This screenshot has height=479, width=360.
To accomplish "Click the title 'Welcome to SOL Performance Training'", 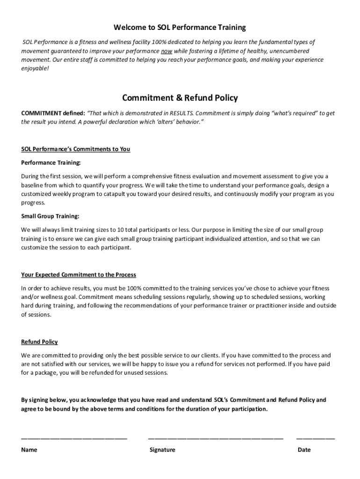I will coord(180,28).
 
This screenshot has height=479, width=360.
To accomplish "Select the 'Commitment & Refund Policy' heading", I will coord(180,98).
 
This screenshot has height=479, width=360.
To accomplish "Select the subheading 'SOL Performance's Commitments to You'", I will coord(76,149).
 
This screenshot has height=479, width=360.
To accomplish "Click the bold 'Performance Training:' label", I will coord(51,163).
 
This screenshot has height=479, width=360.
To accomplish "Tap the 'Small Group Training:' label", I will coord(50,216).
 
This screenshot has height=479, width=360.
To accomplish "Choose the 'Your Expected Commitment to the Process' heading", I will coord(79,275).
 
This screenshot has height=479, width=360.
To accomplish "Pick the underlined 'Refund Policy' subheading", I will coord(40,342).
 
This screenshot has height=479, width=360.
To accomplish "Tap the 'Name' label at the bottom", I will coord(29,450).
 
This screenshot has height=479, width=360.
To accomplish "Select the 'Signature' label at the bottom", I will coord(162,450).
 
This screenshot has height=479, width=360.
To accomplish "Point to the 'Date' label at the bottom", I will coord(304,450).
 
